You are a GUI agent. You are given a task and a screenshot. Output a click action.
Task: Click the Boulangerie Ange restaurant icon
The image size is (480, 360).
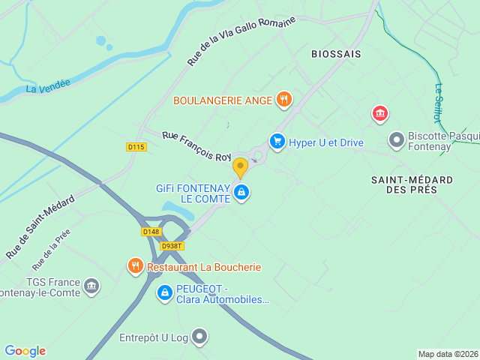[283, 99]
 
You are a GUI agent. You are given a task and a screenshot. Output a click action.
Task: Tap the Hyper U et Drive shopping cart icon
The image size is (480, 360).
[277, 141]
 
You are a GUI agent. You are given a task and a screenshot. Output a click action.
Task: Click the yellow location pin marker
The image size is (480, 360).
[240, 166]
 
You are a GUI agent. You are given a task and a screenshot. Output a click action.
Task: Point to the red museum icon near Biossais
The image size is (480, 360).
[380, 114]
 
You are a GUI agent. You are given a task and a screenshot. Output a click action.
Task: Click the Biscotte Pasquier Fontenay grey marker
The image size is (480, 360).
[396, 139]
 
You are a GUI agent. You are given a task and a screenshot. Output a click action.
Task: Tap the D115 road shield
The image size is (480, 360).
[136, 147]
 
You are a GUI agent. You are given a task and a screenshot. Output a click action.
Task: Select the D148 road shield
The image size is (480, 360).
[151, 232]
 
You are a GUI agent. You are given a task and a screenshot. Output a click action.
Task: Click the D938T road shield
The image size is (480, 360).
[172, 245]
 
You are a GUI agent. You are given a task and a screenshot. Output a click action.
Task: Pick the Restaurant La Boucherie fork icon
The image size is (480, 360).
[135, 265]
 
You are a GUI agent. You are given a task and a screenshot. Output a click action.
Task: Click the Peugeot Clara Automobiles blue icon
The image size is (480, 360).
[165, 292]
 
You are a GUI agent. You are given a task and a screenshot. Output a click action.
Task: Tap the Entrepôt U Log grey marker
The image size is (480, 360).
[199, 337]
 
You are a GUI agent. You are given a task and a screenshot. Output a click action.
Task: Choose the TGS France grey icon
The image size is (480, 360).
[91, 286]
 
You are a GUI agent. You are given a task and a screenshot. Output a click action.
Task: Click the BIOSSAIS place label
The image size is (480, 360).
[336, 54]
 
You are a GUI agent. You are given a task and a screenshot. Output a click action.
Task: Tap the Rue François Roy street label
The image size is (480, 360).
[197, 146]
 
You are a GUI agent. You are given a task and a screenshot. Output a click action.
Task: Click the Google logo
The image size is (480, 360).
[25, 351]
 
